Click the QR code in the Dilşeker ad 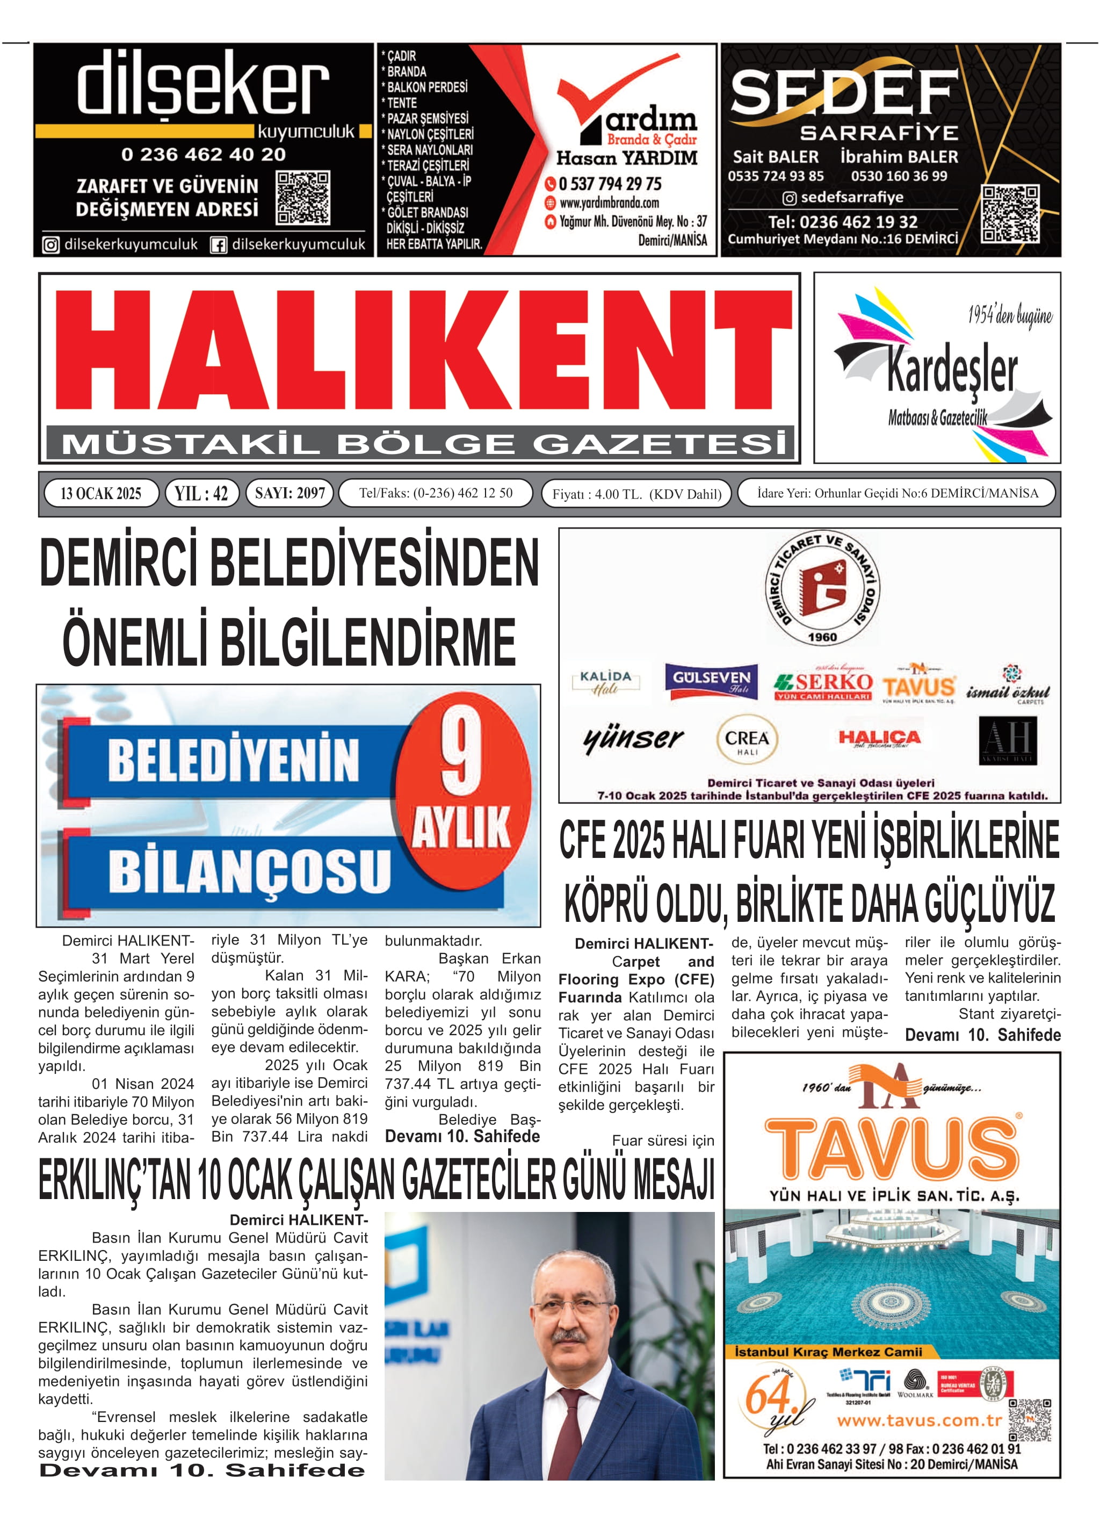(303, 198)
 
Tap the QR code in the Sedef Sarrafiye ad (1010, 214)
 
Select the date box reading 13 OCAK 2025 (101, 493)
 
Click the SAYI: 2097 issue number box (290, 493)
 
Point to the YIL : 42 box (201, 493)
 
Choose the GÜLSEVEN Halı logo (712, 681)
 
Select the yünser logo (633, 739)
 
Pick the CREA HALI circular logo (747, 739)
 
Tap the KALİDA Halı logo (606, 682)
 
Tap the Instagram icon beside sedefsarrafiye (789, 198)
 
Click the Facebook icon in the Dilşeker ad (218, 245)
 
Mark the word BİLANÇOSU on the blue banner (249, 870)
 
